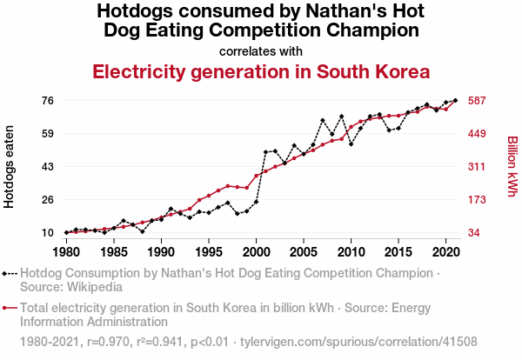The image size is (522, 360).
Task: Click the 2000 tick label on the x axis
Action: [x=256, y=252]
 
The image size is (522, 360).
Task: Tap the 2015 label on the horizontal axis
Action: [x=398, y=252]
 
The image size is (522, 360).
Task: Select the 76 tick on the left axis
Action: [x=47, y=100]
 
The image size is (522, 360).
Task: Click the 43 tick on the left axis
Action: [x=47, y=166]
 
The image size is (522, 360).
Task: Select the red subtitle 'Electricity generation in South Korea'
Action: [x=261, y=71]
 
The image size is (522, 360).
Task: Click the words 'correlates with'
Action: [x=261, y=51]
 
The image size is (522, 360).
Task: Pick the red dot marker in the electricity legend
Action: [x=9, y=307]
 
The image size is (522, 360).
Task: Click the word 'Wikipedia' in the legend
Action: [x=95, y=286]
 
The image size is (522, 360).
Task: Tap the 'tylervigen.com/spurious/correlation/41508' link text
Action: [x=359, y=341]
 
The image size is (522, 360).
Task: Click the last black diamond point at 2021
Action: [x=455, y=100]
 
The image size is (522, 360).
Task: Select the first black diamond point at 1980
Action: [x=66, y=232]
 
